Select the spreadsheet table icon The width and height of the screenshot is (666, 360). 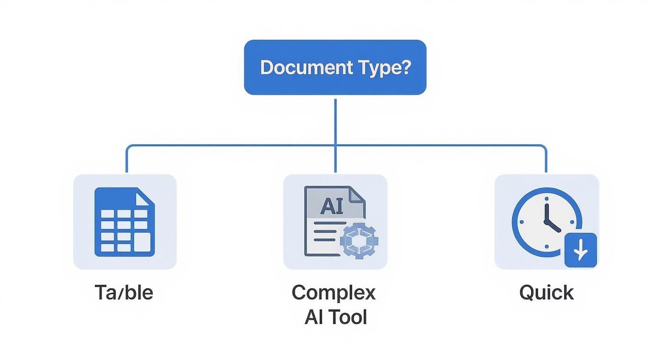coord(124,222)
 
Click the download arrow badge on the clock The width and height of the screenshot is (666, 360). coord(581,250)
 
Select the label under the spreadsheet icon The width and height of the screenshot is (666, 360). coord(124,292)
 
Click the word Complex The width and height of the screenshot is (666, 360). coord(334,292)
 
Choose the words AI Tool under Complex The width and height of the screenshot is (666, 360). coord(335,317)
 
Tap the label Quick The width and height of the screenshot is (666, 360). coord(546,292)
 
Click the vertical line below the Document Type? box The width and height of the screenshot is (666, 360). coord(335,120)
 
